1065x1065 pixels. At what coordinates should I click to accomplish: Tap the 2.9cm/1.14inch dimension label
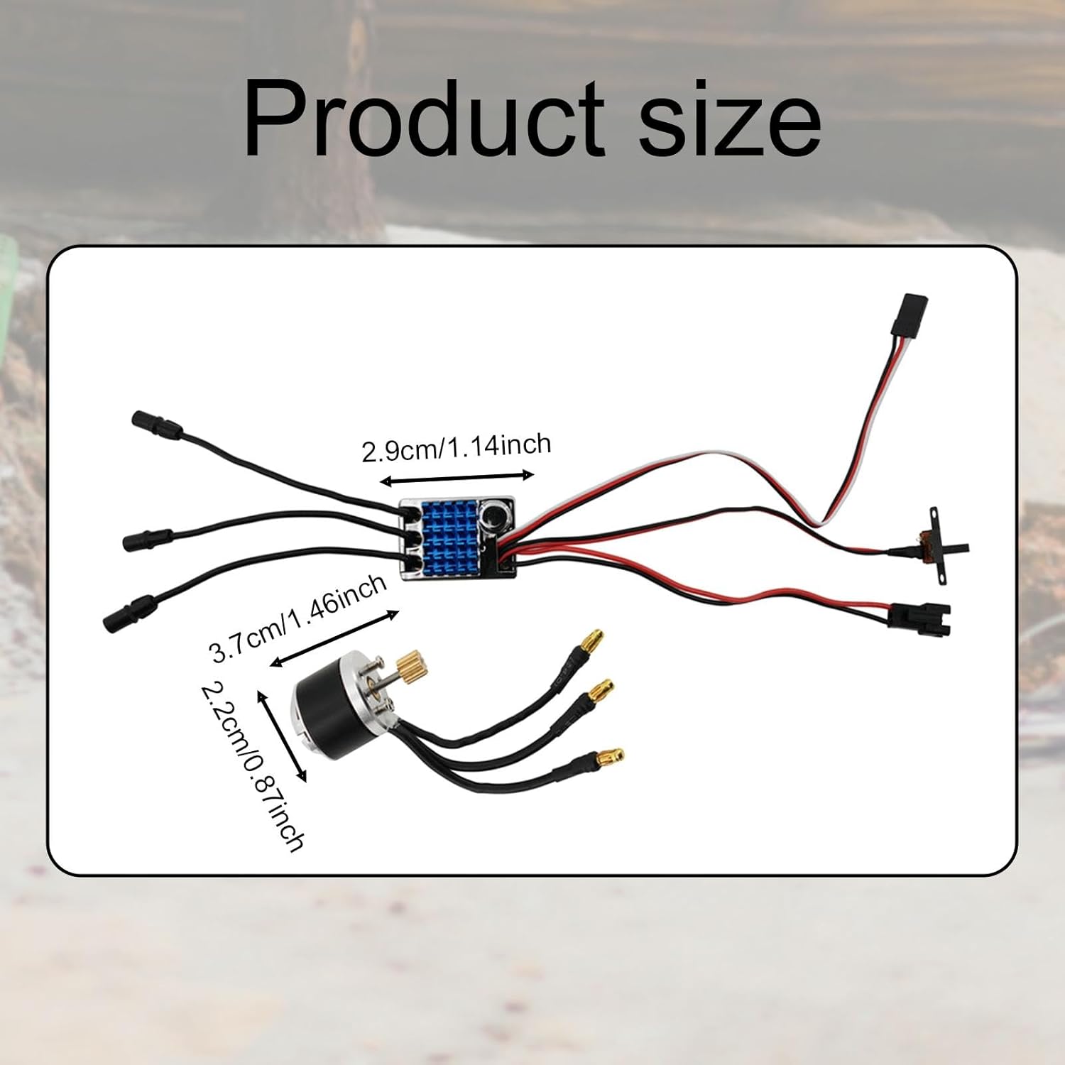coord(457,447)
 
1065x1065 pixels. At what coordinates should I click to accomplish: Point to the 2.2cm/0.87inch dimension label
coord(253,765)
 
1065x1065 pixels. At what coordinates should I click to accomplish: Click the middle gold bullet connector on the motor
coord(600,689)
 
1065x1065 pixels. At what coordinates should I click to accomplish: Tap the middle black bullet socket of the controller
coord(148,540)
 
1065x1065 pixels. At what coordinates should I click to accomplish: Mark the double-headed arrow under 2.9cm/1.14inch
coord(457,477)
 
